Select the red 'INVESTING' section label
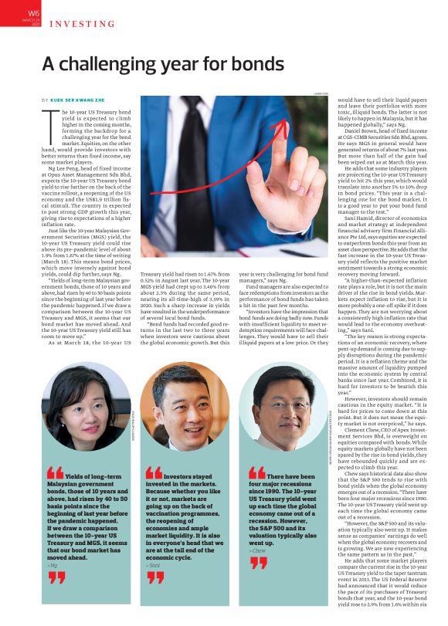[77, 23]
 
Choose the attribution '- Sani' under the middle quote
[153, 565]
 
